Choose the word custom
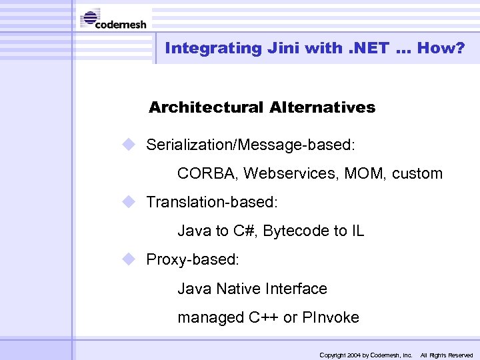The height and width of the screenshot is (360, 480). point(417,174)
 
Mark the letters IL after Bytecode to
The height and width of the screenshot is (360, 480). point(357,231)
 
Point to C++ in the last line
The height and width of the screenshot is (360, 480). point(263,318)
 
